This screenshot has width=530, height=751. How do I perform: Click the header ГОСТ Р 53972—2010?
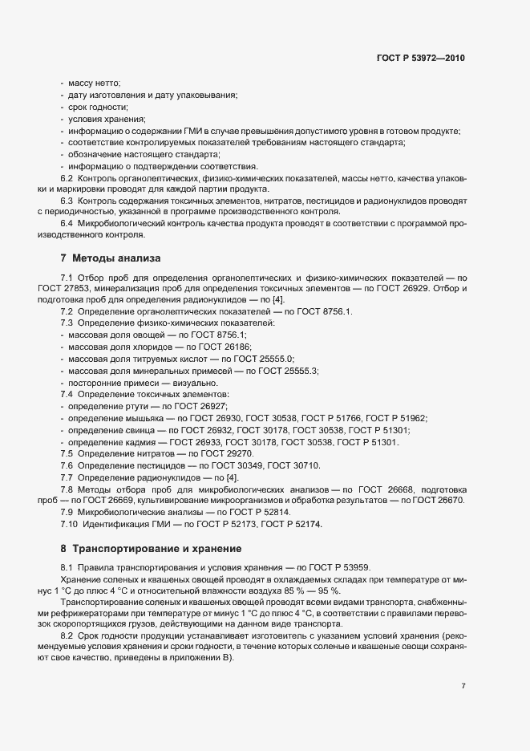pyautogui.click(x=420, y=59)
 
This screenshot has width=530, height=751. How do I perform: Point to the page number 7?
pyautogui.click(x=463, y=686)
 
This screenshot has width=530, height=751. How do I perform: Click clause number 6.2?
pyautogui.click(x=67, y=177)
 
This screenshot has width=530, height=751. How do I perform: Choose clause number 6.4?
pyautogui.click(x=67, y=222)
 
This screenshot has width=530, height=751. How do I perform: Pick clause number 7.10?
pyautogui.click(x=70, y=525)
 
